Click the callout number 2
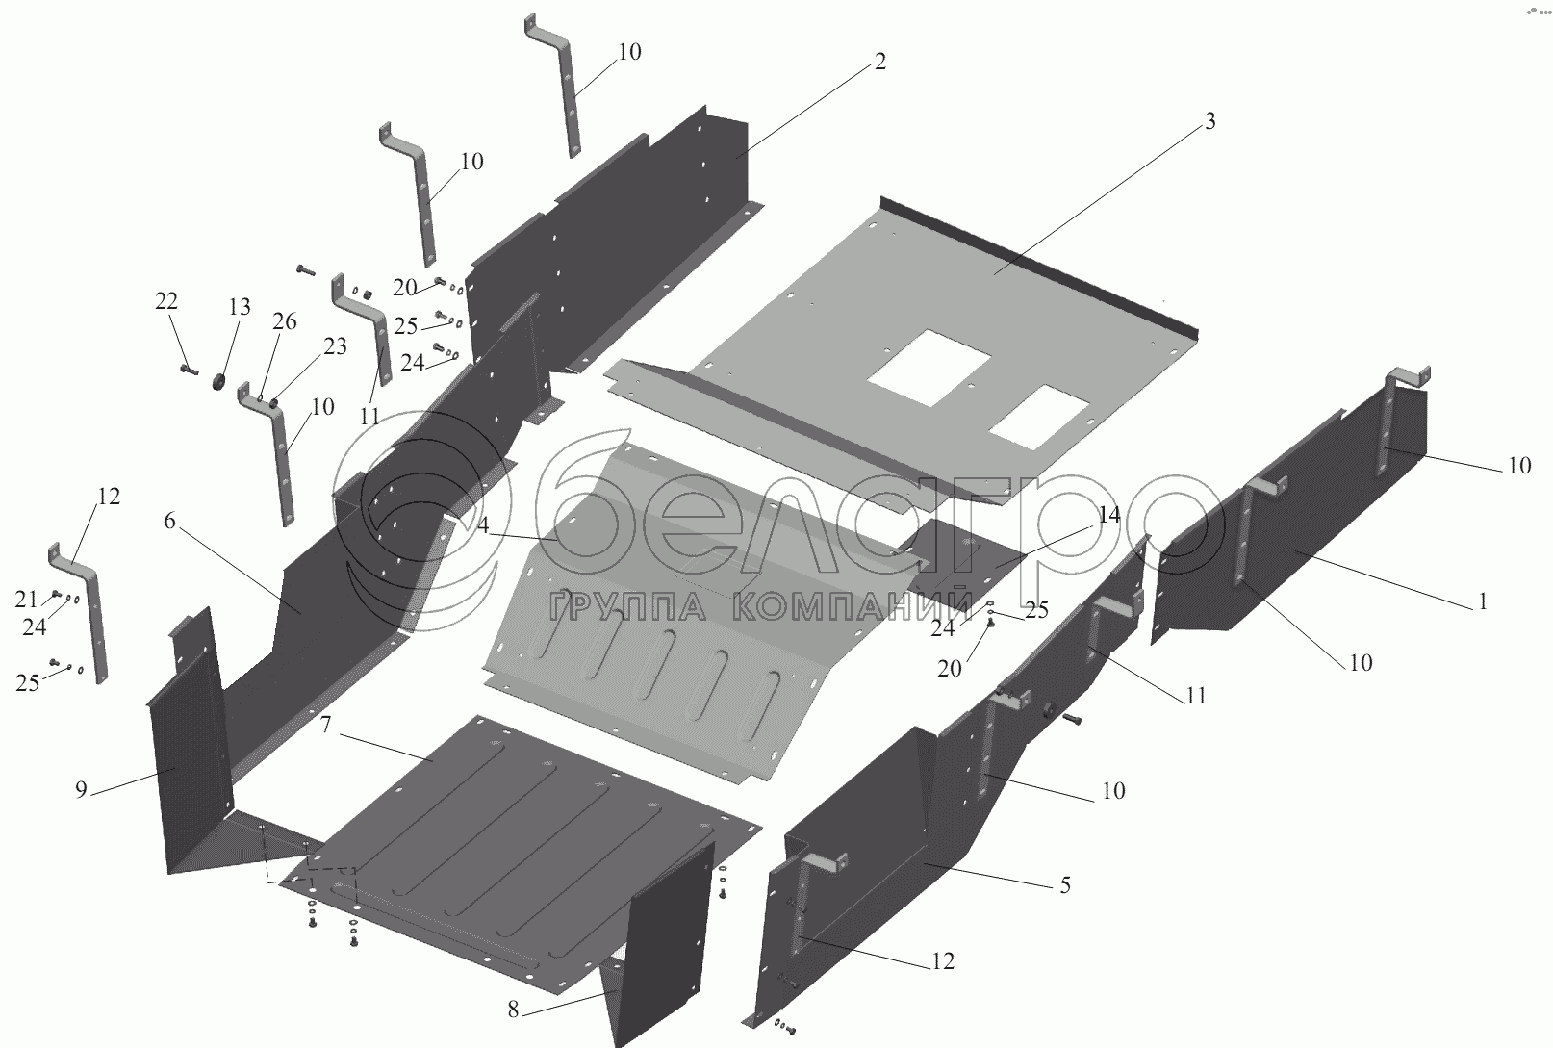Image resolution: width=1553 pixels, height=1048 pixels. [x=879, y=63]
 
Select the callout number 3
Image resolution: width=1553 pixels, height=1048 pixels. [x=1210, y=122]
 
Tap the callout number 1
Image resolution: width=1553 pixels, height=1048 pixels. [x=1483, y=602]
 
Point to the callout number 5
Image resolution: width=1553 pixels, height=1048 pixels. [x=1065, y=885]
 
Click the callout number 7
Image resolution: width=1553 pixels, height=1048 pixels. [x=326, y=726]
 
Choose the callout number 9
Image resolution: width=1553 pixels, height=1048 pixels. [x=82, y=790]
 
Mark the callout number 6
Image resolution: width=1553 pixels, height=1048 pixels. [x=170, y=522]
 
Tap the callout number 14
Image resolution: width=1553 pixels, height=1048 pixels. [x=1109, y=515]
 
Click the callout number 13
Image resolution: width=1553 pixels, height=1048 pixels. [x=239, y=307]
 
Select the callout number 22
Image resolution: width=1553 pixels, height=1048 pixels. [x=166, y=301]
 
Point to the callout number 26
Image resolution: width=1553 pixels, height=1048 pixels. [x=285, y=321]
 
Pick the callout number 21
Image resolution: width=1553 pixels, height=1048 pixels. [x=26, y=601]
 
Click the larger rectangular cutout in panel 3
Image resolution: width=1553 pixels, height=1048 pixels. [x=929, y=367]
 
